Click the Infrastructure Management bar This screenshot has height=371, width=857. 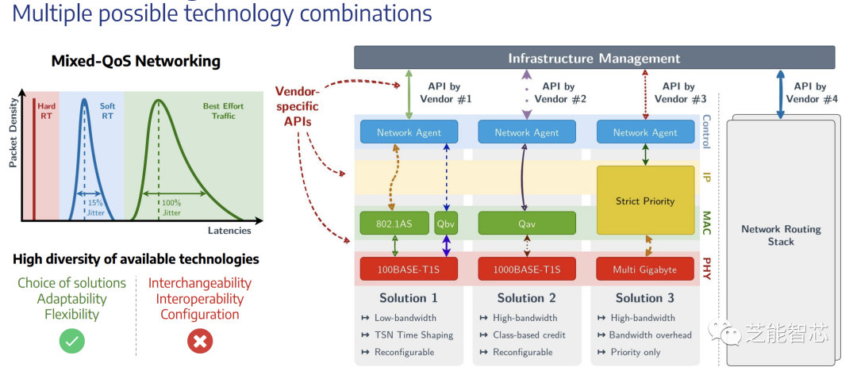coord(594,58)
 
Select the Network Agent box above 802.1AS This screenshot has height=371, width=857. coord(409,132)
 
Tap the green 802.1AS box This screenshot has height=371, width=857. coord(394,224)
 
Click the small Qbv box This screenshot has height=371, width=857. coord(447,224)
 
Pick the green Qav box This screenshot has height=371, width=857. coord(527,224)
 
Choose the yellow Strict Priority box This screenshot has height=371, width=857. coord(644,201)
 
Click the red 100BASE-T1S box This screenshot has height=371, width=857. coord(409,270)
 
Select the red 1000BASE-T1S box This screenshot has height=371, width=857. coord(527,270)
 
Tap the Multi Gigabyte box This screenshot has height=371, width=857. coord(644,270)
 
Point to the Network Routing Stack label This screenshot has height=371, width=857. coord(781,235)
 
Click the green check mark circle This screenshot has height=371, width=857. coord(72,341)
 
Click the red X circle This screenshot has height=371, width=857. coord(199,341)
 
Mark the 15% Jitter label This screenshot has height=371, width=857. coord(95,208)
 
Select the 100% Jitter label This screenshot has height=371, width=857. coord(171,208)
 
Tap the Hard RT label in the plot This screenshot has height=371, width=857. coord(47,111)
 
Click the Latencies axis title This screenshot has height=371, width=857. coord(229,231)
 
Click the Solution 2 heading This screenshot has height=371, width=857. coord(527,298)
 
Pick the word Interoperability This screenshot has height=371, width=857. coord(199,299)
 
